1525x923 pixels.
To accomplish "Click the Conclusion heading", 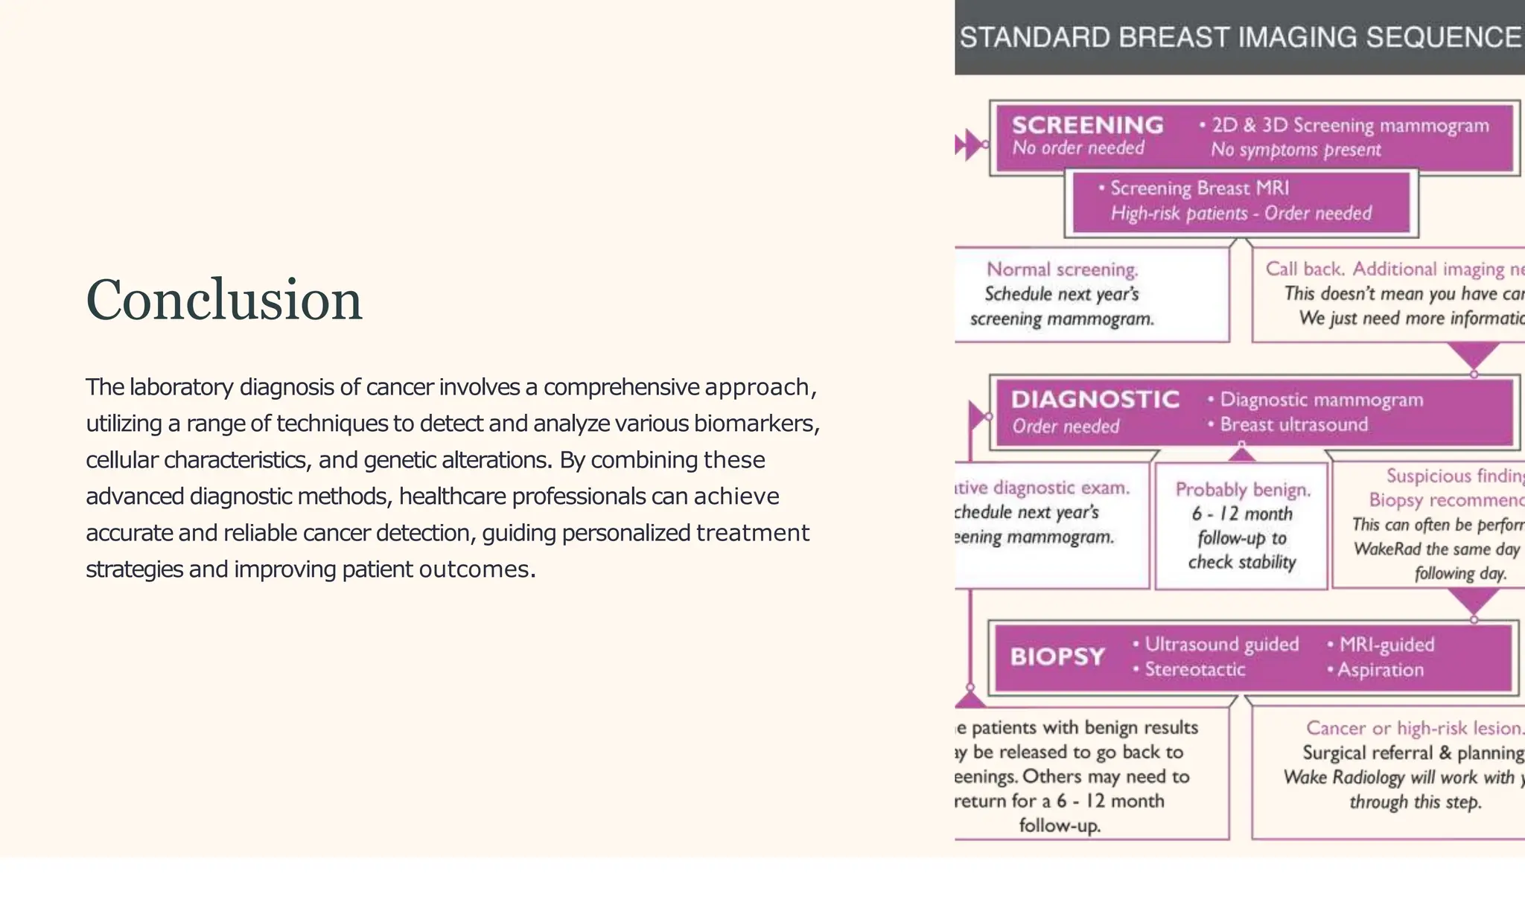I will click(x=223, y=300).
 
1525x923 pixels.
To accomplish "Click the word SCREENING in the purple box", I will click(x=1087, y=125).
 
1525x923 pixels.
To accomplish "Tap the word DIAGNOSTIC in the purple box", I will click(x=1095, y=400).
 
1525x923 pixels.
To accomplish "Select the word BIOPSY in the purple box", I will click(x=1057, y=657).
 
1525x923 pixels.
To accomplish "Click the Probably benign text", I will click(x=1243, y=490).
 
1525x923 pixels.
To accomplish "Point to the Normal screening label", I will click(x=1062, y=269).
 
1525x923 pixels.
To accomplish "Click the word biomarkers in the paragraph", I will click(x=755, y=424).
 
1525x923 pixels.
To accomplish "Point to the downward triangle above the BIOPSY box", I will click(x=1474, y=599).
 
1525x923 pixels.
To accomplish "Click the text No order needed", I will click(x=1077, y=148).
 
